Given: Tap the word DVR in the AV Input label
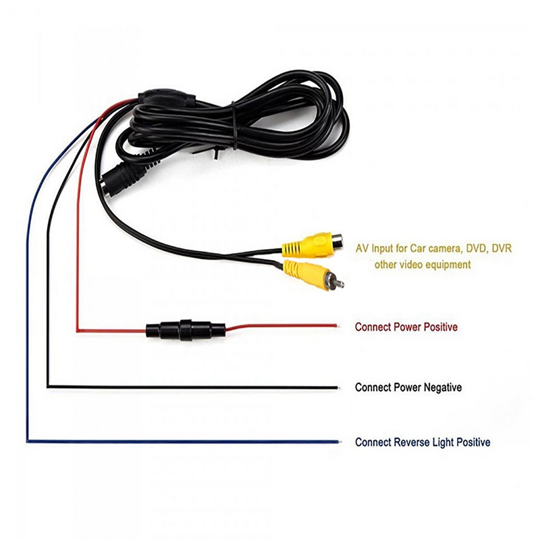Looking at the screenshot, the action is (502, 249).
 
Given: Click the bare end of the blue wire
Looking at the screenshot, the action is (335, 443).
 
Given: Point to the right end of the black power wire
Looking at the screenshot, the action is (335, 387).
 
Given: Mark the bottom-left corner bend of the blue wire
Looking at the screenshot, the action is (28, 441).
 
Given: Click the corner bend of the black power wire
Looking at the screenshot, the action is (48, 386).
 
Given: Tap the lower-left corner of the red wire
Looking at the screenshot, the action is (79, 330).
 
